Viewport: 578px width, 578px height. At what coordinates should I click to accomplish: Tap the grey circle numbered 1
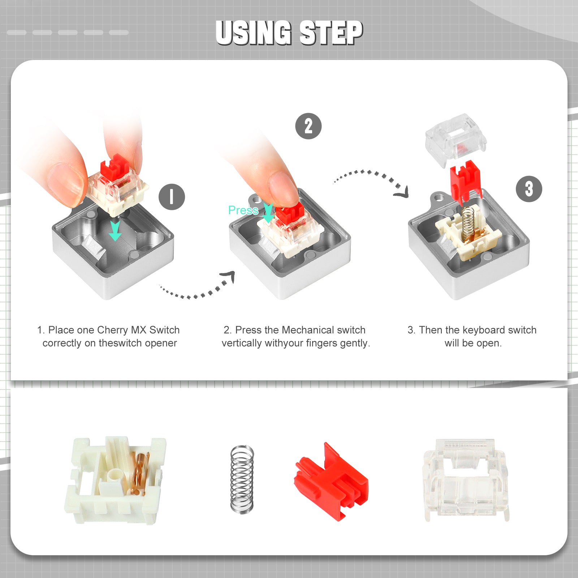(x=172, y=197)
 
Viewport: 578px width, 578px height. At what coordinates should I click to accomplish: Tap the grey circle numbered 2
(x=308, y=126)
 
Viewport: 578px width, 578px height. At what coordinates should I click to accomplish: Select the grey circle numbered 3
(x=529, y=189)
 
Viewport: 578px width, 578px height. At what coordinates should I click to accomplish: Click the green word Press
(x=243, y=210)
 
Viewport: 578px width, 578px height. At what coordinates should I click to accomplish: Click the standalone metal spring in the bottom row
(x=242, y=479)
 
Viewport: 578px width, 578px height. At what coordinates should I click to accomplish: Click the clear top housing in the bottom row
(x=466, y=480)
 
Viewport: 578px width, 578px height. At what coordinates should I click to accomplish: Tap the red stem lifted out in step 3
(x=465, y=181)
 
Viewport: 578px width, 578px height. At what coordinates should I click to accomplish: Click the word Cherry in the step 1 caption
(x=112, y=330)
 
